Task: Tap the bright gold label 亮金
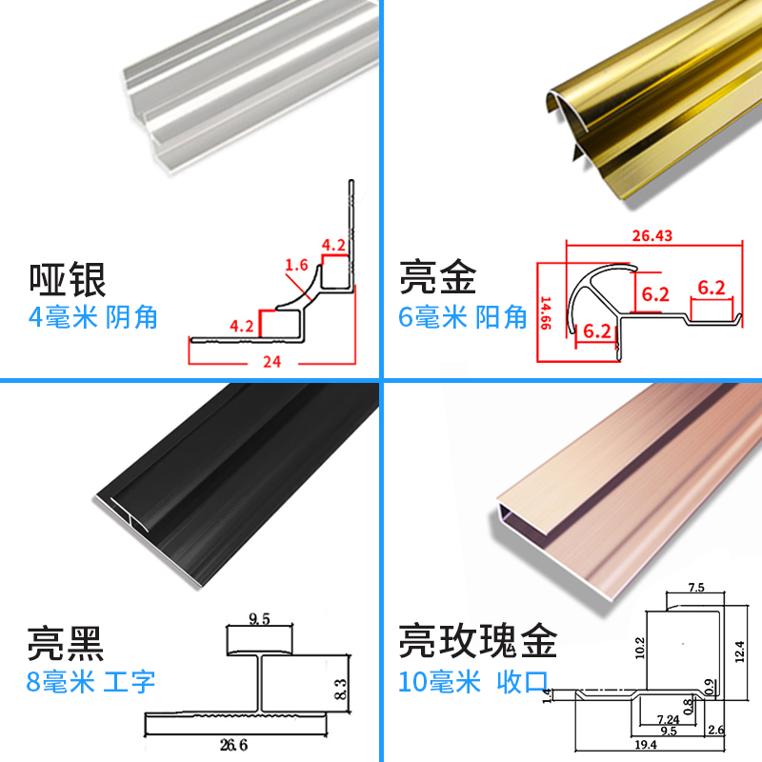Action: (x=436, y=278)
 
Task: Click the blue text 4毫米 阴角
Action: (x=93, y=317)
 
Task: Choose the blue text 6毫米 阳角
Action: (x=463, y=317)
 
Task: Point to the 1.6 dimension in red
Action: (x=297, y=266)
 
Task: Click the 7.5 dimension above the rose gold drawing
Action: (x=694, y=588)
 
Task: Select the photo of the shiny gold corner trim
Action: (x=648, y=105)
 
